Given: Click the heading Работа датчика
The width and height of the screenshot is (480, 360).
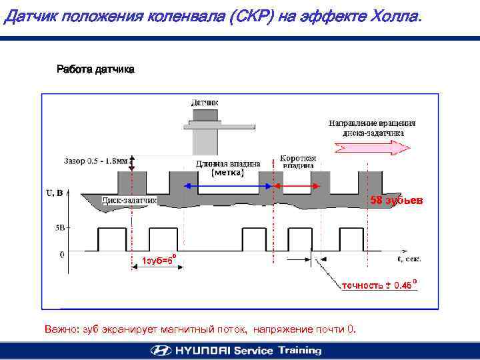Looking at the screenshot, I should tap(95, 69).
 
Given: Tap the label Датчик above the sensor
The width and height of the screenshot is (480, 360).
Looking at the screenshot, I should tap(205, 103).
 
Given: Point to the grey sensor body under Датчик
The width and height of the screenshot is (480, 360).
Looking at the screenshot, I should tap(205, 137).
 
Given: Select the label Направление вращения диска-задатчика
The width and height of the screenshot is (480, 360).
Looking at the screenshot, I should tap(372, 127).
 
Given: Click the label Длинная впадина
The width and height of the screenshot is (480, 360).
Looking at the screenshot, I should tap(228, 163).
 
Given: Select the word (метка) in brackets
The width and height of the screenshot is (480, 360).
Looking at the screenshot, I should tap(228, 173).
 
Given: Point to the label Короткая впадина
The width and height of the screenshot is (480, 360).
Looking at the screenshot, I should tap(297, 161).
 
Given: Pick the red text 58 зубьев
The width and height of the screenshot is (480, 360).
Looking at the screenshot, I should tap(396, 200).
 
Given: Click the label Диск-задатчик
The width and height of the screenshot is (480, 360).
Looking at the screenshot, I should tap(129, 199).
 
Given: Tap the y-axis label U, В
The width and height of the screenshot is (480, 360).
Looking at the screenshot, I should tap(55, 193).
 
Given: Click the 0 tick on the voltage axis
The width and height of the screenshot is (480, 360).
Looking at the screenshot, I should tap(62, 254).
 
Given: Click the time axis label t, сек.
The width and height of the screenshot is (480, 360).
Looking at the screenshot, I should tap(409, 257).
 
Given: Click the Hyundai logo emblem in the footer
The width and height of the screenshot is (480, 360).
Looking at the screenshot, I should tap(161, 350).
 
